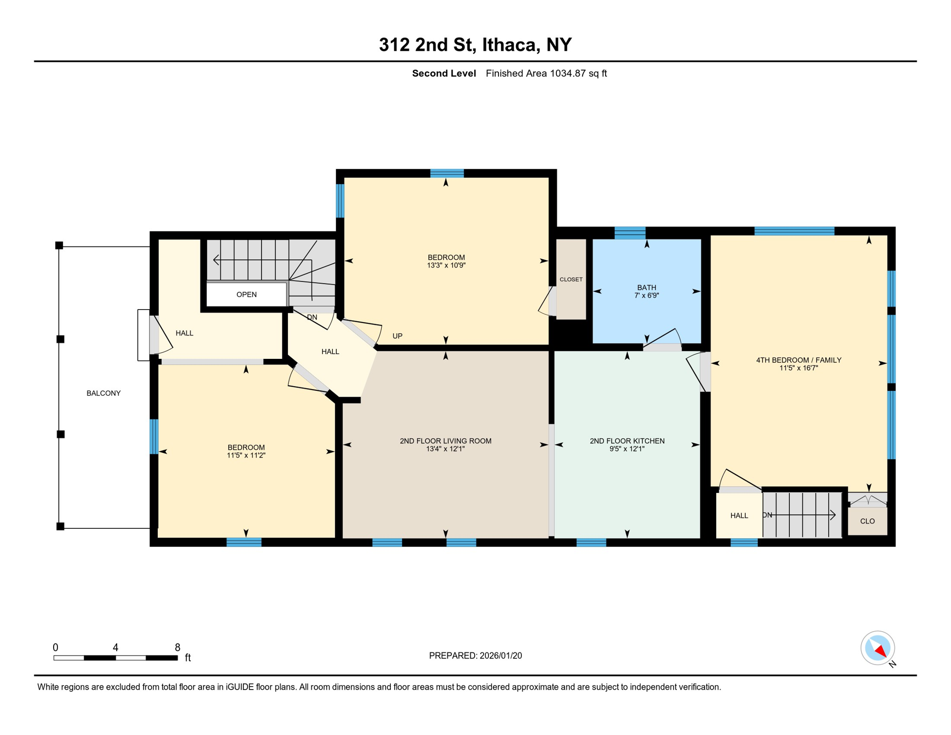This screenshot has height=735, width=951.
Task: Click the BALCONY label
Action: click(x=103, y=393)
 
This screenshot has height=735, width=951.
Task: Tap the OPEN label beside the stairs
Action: click(x=246, y=295)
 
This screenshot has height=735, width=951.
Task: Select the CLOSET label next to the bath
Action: click(x=571, y=279)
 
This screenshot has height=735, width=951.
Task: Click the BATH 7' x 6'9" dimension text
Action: click(x=647, y=296)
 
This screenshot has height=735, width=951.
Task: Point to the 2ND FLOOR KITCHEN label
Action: click(x=627, y=441)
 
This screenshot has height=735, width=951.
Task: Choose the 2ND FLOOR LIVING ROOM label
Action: click(x=445, y=441)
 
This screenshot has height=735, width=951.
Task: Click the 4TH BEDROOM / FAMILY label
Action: click(x=798, y=360)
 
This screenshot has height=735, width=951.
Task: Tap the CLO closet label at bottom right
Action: click(x=867, y=521)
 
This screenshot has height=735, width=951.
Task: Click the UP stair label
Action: click(x=398, y=336)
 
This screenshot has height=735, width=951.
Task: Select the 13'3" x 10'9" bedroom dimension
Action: click(x=446, y=266)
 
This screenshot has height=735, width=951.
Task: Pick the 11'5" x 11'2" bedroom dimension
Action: click(x=246, y=456)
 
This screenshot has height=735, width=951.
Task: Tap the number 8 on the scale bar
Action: click(x=177, y=647)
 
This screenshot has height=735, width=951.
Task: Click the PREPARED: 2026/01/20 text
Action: click(x=475, y=656)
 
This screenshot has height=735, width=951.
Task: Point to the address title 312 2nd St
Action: click(x=475, y=45)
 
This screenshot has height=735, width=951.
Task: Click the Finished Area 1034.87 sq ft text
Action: click(x=546, y=73)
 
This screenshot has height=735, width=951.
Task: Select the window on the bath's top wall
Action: click(x=630, y=233)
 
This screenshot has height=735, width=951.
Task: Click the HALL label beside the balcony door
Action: click(x=184, y=333)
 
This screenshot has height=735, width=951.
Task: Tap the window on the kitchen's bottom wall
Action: click(x=591, y=542)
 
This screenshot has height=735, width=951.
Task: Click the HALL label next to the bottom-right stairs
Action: click(x=739, y=515)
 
